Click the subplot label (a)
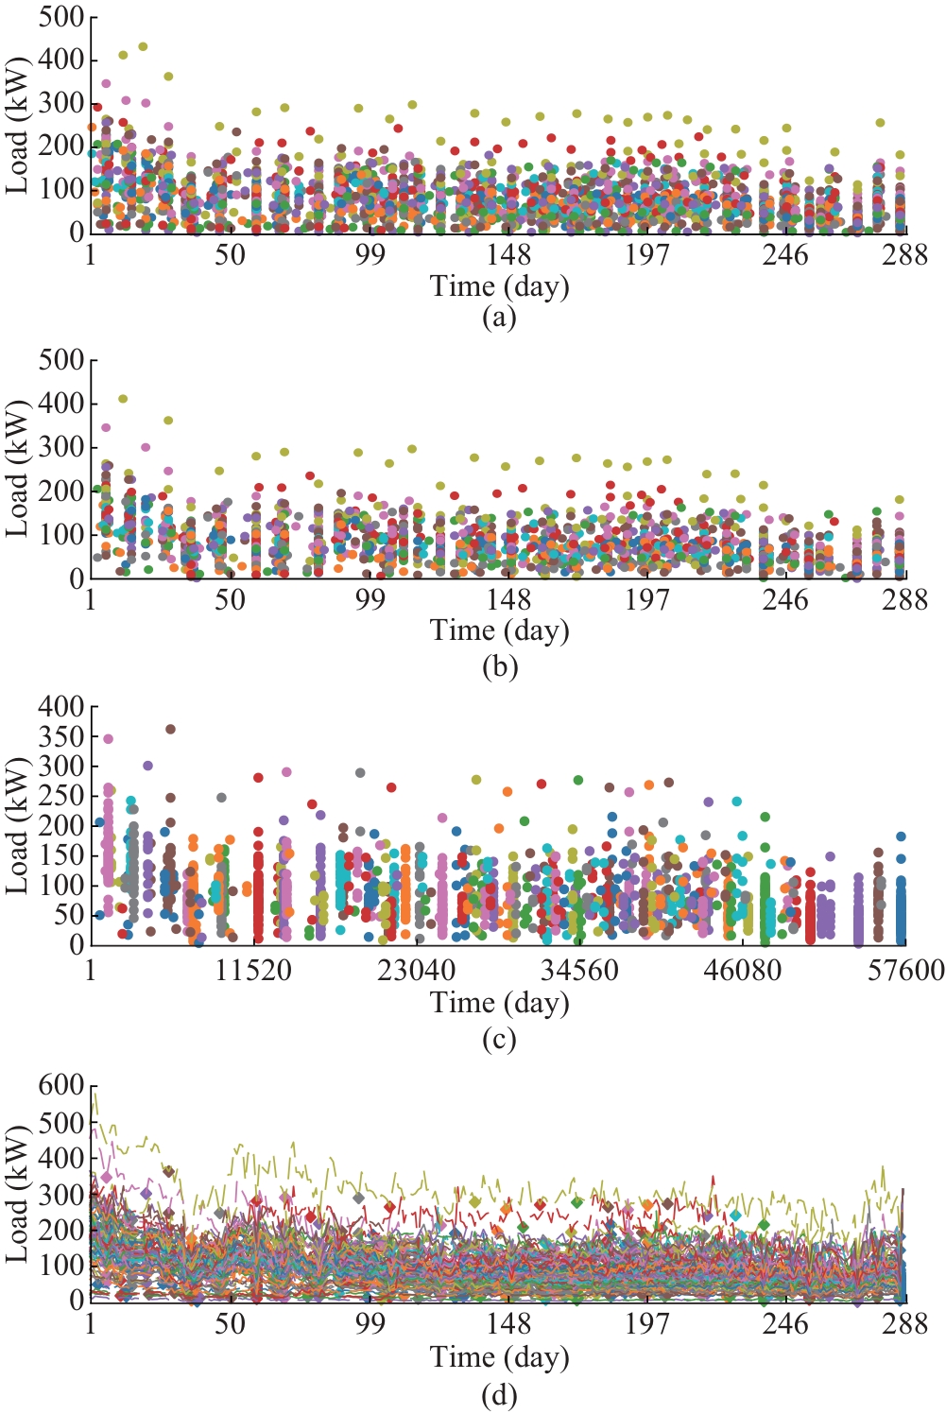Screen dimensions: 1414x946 pos(499,318)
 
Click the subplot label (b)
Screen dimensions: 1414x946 pos(499,667)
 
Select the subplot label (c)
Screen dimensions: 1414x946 pos(499,1040)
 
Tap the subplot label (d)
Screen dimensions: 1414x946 pos(499,1395)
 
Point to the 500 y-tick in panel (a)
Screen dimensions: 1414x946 pos(61,17)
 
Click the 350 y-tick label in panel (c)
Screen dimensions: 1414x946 pos(61,736)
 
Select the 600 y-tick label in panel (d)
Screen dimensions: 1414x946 pos(61,1085)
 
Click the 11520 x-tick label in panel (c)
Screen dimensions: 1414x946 pos(253,970)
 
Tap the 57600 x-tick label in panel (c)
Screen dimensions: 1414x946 pos(905,970)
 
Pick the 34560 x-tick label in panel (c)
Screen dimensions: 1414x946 pos(579,970)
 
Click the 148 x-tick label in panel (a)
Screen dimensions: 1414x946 pos(509,255)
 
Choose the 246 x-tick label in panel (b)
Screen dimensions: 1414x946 pos(786,600)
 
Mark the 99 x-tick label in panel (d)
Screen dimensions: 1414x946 pos(370,1324)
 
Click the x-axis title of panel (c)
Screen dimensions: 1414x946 pos(499,1002)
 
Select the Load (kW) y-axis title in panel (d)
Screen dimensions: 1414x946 pos(17,1193)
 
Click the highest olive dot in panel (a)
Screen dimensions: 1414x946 pos(143,46)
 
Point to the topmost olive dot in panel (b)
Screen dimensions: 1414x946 pos(123,399)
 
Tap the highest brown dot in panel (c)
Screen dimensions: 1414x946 pos(170,729)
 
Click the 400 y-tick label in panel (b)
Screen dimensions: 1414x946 pos(61,404)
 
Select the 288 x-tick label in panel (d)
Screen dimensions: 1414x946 pos(905,1324)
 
